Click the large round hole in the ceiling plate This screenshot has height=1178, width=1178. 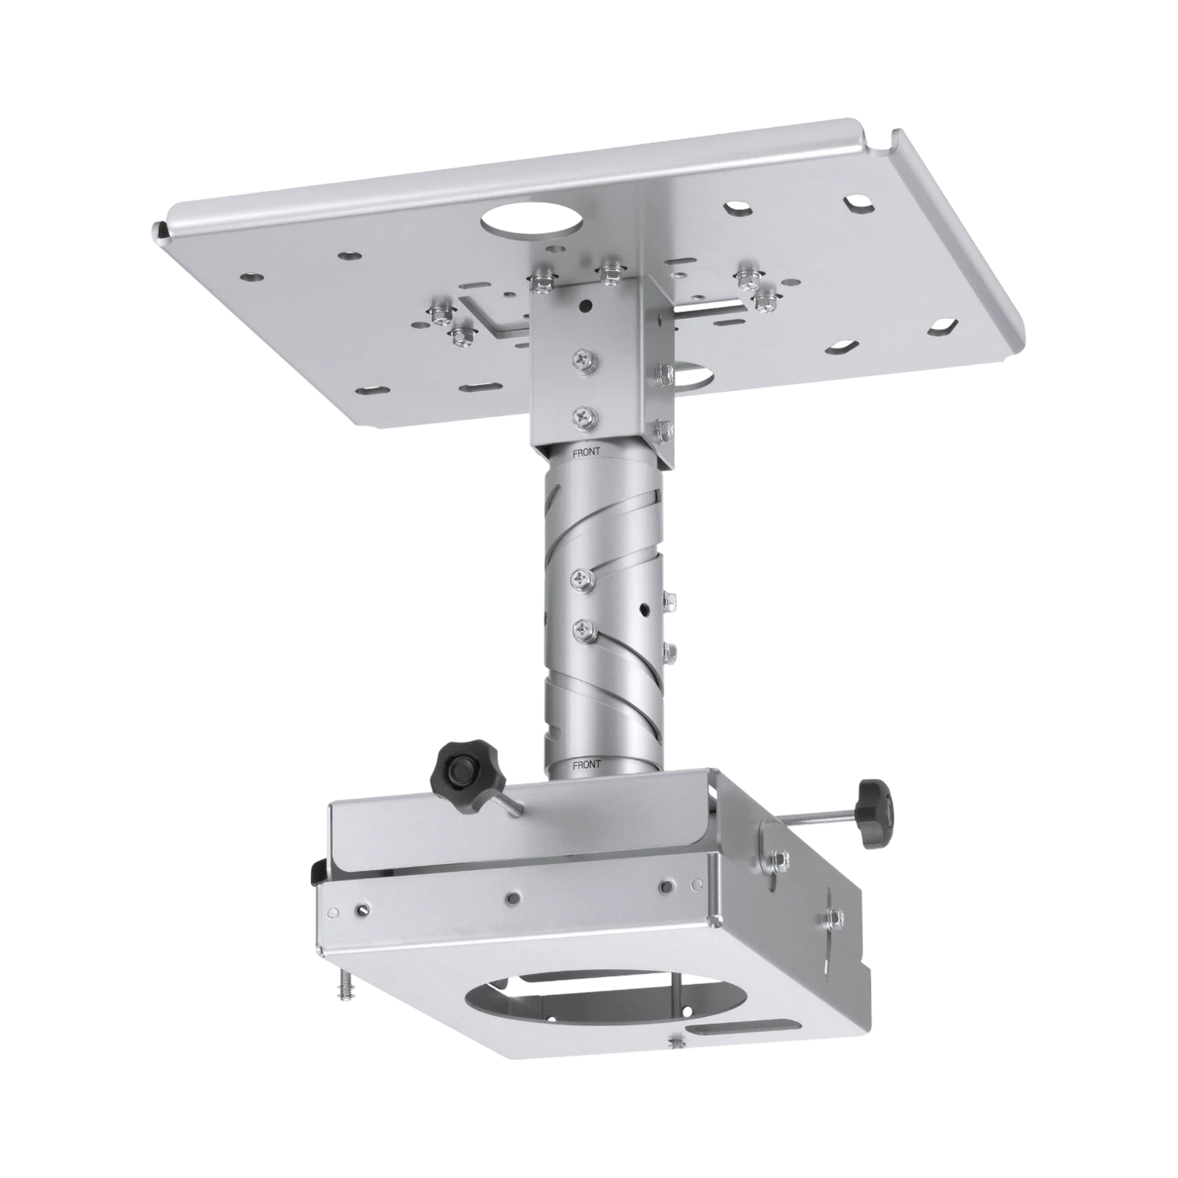point(530,221)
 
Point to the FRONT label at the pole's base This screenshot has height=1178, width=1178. point(587,764)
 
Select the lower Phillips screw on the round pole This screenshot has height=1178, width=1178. point(583,629)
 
